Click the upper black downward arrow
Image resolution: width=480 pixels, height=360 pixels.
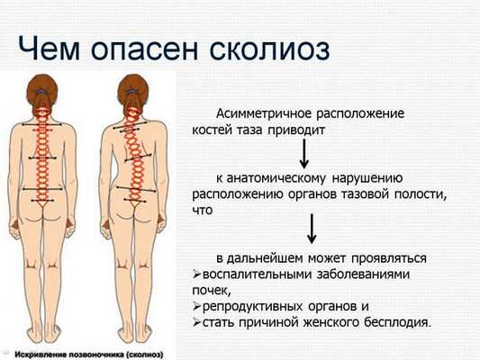(x=304, y=155)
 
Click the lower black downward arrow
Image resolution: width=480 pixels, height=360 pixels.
(x=311, y=229)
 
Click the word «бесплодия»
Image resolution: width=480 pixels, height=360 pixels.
(x=393, y=322)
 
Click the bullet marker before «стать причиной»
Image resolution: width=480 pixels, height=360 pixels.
(x=197, y=322)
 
